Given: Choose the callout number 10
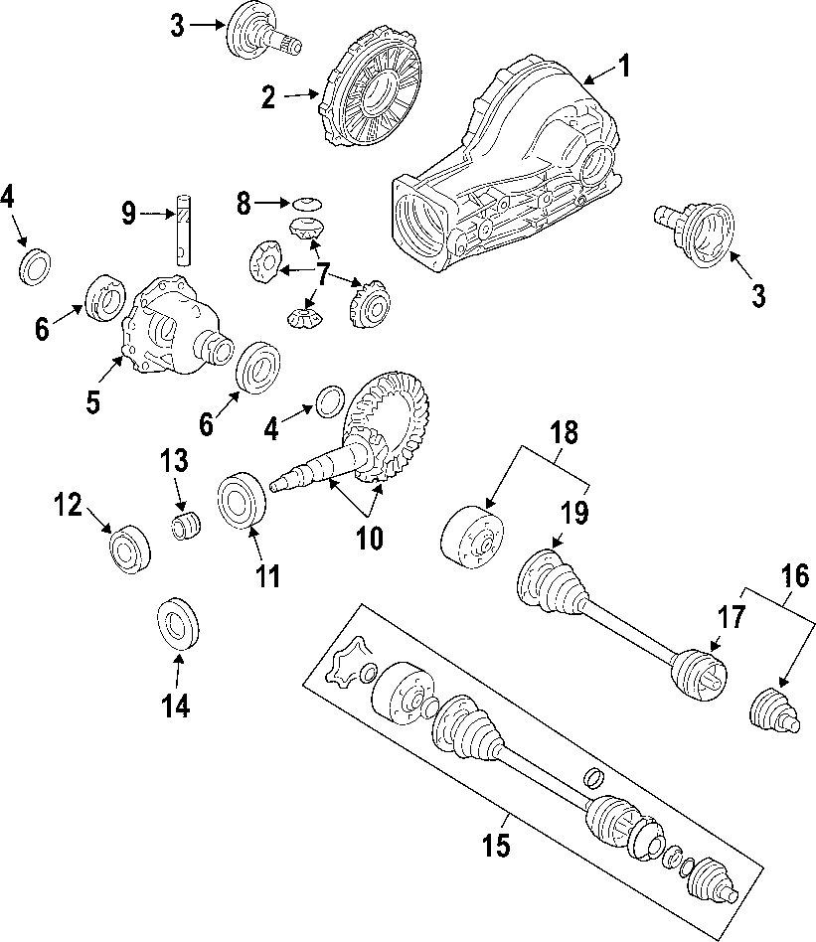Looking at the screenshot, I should [369, 538].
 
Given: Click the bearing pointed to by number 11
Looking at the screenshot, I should [242, 500].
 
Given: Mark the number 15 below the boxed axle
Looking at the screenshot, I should [496, 846].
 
